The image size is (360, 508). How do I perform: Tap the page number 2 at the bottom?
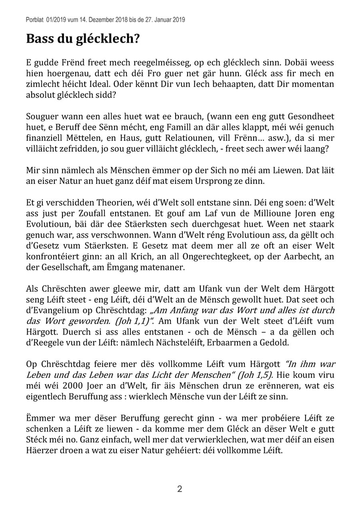pyautogui.click(x=180, y=488)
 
